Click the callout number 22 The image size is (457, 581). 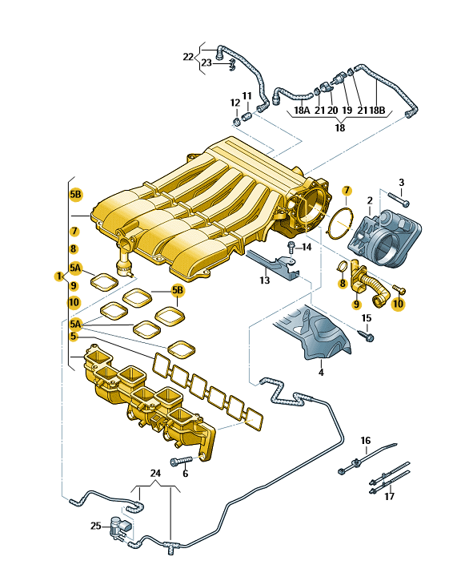(x=188, y=57)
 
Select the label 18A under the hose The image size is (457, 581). (x=302, y=110)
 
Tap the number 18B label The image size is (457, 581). (x=377, y=110)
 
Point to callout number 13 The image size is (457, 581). (x=265, y=280)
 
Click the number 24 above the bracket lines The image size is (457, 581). (x=155, y=473)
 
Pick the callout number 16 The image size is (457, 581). (x=366, y=440)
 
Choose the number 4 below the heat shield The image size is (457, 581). (x=321, y=372)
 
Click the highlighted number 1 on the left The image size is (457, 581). (x=59, y=276)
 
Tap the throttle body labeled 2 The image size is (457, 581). (x=385, y=237)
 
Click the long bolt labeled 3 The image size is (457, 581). (x=399, y=199)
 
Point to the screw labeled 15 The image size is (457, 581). (x=366, y=335)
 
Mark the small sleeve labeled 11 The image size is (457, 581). (x=247, y=117)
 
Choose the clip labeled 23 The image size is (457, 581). (x=232, y=65)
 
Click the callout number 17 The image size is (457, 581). (x=389, y=496)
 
